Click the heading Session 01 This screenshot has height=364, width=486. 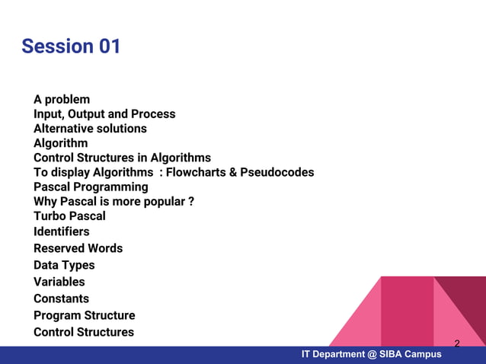(71, 46)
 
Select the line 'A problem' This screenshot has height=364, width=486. (62, 100)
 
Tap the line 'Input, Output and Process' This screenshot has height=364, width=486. (104, 114)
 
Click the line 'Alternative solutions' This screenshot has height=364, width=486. (90, 129)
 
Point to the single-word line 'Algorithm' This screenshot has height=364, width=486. (60, 143)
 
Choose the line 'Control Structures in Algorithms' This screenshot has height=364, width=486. (122, 158)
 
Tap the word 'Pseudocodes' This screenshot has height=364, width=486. (277, 173)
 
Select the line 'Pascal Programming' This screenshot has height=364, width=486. (91, 187)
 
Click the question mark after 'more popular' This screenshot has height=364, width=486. (190, 202)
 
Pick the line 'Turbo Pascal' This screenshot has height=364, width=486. (69, 216)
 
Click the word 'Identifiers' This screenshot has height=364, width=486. (61, 231)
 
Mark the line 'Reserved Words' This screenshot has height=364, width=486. (78, 248)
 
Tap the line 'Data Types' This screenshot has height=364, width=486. (64, 265)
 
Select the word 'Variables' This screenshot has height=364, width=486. (59, 282)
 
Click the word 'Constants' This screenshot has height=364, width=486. (61, 299)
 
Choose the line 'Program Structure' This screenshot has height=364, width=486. (84, 315)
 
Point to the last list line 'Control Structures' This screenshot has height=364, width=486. (84, 332)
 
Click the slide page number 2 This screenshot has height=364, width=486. (457, 343)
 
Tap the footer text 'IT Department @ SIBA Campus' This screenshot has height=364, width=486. (371, 355)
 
